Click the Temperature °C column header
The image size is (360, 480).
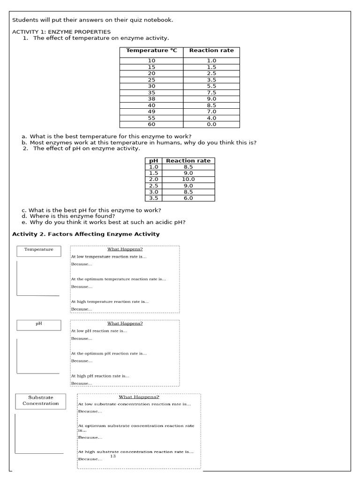152,51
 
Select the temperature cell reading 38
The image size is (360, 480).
151,99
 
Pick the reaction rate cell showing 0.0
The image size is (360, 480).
211,124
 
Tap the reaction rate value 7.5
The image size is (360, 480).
211,93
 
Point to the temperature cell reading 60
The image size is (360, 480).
151,124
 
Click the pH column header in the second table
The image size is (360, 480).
153,161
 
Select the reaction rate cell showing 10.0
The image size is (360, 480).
188,180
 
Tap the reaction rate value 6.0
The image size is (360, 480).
188,198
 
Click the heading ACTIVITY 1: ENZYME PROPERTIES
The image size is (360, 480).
61,32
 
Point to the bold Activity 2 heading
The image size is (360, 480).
86,234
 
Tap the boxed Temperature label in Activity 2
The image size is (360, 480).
39,250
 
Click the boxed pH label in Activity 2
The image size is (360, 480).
39,323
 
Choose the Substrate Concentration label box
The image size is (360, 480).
41,400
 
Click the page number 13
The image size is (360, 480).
113,456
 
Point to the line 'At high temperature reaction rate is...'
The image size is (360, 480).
110,302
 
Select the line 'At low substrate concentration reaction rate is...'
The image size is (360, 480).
135,404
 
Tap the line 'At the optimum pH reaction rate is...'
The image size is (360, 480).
109,353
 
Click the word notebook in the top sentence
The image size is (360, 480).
160,20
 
